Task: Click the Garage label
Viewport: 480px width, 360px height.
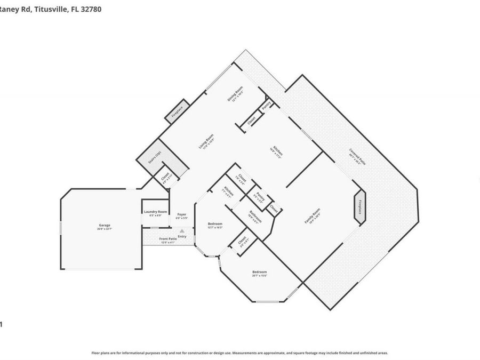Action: [104, 225]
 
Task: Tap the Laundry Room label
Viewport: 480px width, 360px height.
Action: [155, 212]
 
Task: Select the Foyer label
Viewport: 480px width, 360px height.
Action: [182, 215]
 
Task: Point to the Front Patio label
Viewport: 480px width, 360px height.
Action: [168, 239]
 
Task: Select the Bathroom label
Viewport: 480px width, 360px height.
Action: [255, 217]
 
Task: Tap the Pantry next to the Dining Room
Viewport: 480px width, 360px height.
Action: [267, 103]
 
